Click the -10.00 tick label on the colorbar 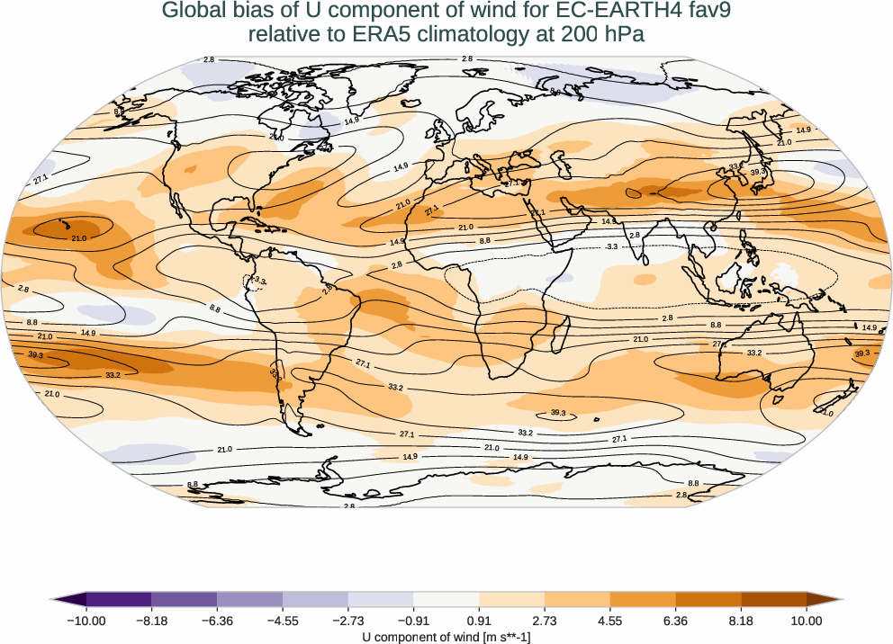point(86,621)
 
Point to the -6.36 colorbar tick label point(217,621)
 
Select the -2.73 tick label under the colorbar point(347,621)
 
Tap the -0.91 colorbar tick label point(413,621)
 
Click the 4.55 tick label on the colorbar point(609,621)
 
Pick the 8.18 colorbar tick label point(741,621)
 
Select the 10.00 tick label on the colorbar point(807,621)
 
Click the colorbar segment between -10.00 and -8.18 point(119,600)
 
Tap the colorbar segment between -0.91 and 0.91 point(446,600)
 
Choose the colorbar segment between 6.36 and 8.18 point(708,600)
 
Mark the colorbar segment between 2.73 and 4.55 point(577,600)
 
